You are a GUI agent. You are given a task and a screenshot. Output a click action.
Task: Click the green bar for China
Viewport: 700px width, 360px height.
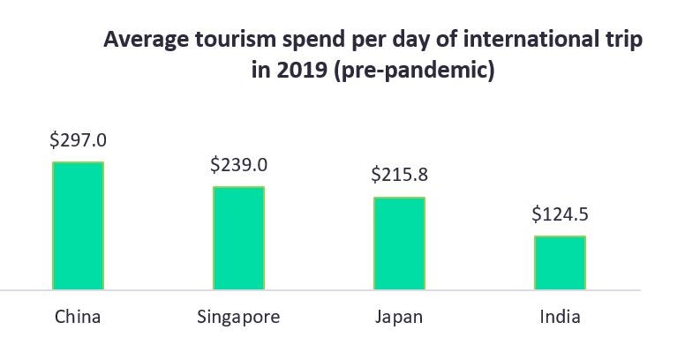78,225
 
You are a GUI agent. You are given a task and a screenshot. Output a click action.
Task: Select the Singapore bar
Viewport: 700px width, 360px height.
238,237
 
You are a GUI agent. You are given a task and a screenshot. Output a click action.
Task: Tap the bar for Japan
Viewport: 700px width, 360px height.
399,243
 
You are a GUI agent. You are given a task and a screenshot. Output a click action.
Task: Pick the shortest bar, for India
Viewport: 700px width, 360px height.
560,262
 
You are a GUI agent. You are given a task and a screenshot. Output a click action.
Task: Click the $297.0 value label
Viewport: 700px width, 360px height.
78,139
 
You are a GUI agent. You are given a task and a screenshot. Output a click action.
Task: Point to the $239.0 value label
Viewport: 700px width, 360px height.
238,164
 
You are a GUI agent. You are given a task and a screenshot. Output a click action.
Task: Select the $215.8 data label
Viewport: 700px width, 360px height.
399,175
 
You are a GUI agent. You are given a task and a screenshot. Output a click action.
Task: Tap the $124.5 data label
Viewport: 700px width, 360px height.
560,214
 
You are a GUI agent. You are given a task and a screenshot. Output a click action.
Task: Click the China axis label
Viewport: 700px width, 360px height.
78,317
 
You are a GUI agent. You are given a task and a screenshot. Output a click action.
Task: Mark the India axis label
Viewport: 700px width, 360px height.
560,317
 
